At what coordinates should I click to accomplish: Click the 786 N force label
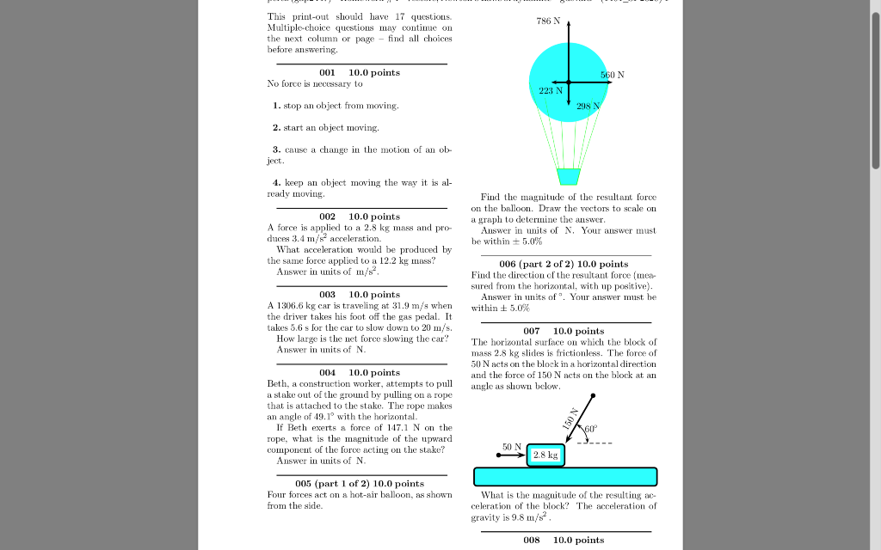(x=550, y=21)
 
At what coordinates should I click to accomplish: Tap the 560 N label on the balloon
(x=613, y=75)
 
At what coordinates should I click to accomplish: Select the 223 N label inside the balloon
(x=551, y=90)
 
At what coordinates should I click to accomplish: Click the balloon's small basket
(x=569, y=176)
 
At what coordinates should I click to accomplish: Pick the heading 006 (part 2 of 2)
(x=564, y=264)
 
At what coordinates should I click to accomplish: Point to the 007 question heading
(x=564, y=331)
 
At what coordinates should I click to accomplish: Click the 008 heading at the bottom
(x=564, y=540)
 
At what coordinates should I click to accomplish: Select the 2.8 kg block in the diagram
(x=545, y=455)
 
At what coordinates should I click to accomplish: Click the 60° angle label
(x=590, y=429)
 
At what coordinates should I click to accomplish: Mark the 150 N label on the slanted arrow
(x=568, y=418)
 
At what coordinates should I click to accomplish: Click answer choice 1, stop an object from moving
(x=336, y=106)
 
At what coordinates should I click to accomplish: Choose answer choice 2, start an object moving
(x=326, y=128)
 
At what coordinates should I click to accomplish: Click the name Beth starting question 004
(x=277, y=383)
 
